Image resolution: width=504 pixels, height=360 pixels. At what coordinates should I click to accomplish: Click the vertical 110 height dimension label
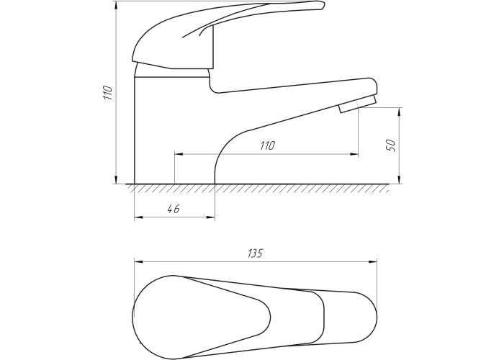(x=109, y=93)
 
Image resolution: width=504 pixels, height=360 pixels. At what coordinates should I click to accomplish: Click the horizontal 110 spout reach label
(x=267, y=145)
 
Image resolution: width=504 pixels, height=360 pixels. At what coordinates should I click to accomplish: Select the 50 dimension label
(x=392, y=145)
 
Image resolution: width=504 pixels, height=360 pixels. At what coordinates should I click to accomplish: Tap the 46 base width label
(x=174, y=209)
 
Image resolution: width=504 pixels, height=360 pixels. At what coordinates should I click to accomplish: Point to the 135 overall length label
(x=255, y=253)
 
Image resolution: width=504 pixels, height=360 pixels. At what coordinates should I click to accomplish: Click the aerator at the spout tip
(x=358, y=104)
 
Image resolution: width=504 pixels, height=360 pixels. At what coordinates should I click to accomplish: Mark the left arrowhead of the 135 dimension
(x=138, y=261)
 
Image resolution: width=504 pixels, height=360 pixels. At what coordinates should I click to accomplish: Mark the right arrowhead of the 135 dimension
(x=373, y=261)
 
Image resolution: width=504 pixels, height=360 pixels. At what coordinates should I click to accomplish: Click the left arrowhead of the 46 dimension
(x=138, y=217)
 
